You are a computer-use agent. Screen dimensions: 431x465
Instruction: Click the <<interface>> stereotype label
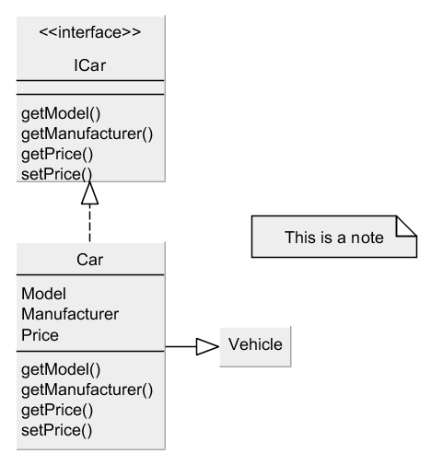click(90, 32)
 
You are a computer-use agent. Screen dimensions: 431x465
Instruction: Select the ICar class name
click(90, 65)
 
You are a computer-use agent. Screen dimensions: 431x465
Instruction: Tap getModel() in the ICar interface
click(61, 114)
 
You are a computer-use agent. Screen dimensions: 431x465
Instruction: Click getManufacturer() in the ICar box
click(87, 134)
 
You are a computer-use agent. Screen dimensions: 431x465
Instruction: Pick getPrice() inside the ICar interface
click(57, 155)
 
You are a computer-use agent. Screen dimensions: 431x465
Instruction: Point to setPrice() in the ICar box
click(57, 174)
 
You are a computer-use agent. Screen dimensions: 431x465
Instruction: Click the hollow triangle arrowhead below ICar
click(89, 193)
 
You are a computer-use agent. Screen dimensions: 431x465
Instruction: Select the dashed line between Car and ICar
click(89, 223)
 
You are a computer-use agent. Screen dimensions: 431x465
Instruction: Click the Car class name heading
click(90, 260)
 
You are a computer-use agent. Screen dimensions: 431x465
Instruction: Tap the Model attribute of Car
click(43, 294)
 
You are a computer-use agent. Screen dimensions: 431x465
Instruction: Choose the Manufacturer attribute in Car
click(70, 314)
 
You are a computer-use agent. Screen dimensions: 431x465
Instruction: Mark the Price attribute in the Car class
click(40, 335)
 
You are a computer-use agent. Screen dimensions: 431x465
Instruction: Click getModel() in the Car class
click(61, 370)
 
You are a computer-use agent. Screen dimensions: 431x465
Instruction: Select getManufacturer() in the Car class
click(87, 390)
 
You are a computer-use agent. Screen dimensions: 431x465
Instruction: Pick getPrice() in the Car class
click(57, 411)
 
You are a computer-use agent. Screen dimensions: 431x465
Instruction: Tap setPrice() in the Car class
click(57, 431)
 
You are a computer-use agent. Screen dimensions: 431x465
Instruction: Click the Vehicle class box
click(255, 346)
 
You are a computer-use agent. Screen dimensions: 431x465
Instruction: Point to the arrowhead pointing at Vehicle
click(208, 346)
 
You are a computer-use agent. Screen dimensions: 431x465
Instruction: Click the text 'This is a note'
click(334, 238)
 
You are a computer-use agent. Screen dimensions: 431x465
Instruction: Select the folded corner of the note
click(407, 226)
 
